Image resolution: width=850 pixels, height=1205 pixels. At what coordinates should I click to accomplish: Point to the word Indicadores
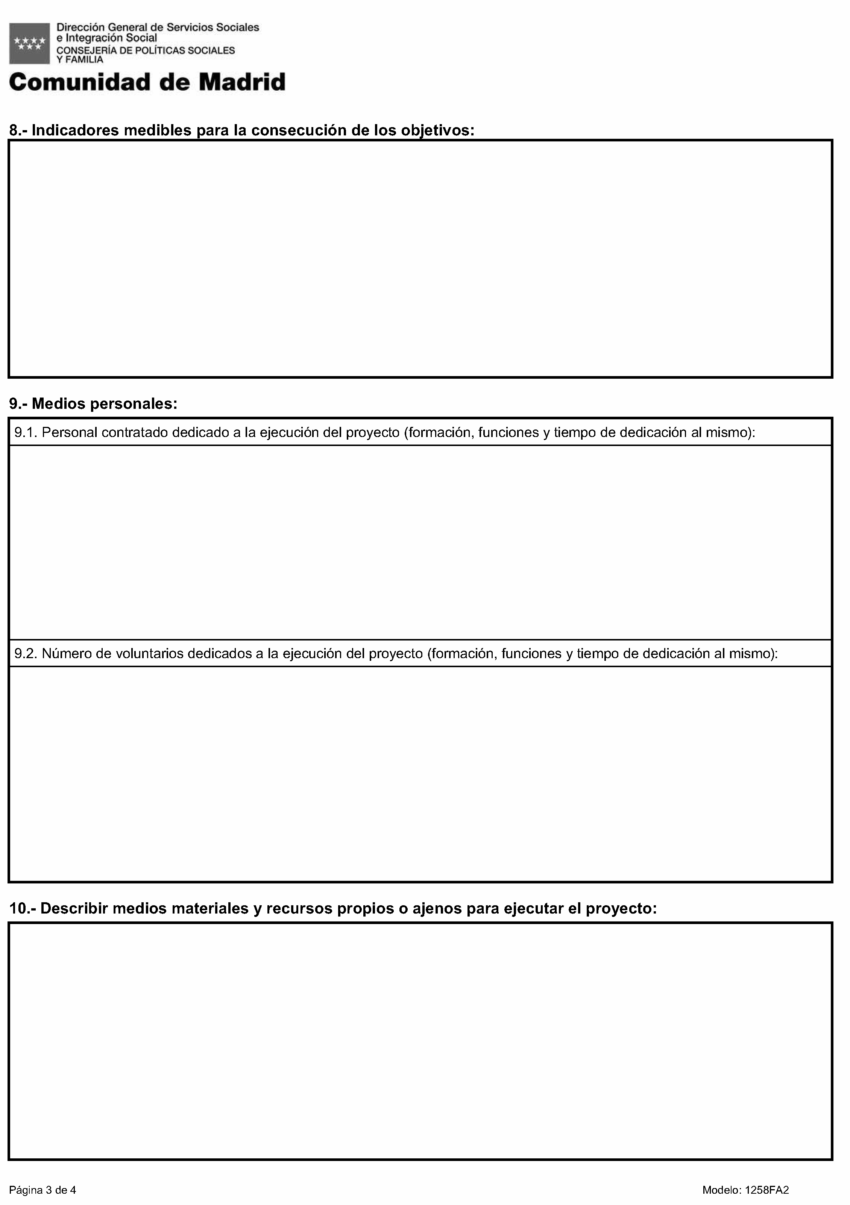point(75,130)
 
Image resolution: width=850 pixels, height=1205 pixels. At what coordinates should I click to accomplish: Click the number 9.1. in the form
point(26,433)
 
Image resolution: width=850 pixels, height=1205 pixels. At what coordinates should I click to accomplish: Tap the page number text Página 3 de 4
point(42,1190)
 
